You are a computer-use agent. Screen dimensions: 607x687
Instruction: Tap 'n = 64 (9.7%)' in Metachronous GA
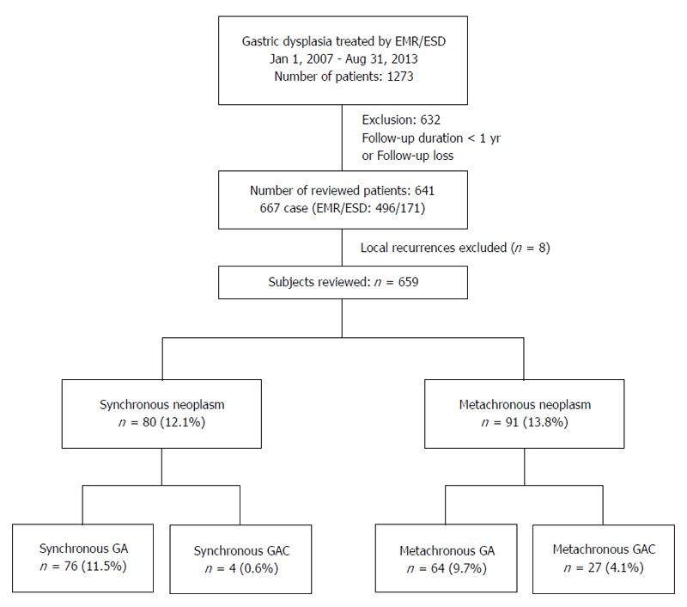(x=446, y=568)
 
